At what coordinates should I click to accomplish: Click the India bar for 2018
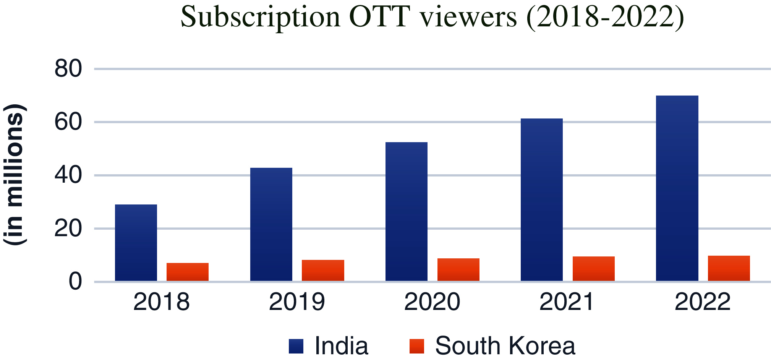pos(136,243)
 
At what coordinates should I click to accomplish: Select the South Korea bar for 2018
pos(187,272)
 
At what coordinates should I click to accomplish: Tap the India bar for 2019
pos(271,224)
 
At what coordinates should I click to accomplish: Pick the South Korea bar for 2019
pos(323,271)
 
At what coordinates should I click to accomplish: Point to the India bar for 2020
pos(406,212)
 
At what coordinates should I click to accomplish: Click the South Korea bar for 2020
pos(458,270)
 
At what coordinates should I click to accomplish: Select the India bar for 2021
pos(541,200)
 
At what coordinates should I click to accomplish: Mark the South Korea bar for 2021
pos(593,269)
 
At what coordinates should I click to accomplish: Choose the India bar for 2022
pos(677,188)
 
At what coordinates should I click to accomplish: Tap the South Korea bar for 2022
pos(729,268)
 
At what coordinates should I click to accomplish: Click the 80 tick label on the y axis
pos(68,69)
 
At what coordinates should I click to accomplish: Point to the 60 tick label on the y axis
pos(68,122)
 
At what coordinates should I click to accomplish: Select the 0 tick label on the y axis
pos(75,282)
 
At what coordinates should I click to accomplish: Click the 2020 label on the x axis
pos(432,302)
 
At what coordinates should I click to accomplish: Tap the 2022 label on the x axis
pos(702,302)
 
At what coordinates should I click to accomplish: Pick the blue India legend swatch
pos(296,346)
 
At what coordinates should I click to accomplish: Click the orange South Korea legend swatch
pos(416,346)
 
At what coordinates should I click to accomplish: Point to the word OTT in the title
pos(379,17)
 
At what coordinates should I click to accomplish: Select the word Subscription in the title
pos(260,17)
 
